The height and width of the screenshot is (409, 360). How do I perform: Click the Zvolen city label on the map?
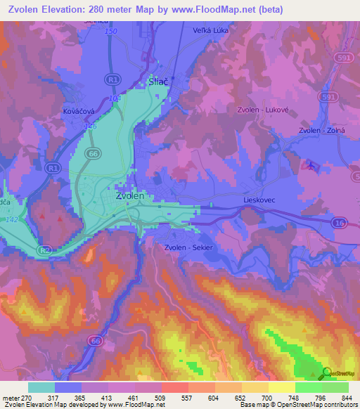(130, 197)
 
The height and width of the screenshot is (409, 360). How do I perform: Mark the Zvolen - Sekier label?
(188, 248)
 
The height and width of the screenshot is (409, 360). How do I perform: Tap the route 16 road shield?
(340, 222)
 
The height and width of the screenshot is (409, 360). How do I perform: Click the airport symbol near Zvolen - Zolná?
(311, 166)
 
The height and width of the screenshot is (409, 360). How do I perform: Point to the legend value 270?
(24, 398)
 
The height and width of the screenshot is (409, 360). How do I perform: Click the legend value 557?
(186, 398)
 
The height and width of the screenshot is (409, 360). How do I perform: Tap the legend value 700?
(266, 398)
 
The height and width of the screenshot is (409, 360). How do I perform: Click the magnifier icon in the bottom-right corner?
(326, 372)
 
